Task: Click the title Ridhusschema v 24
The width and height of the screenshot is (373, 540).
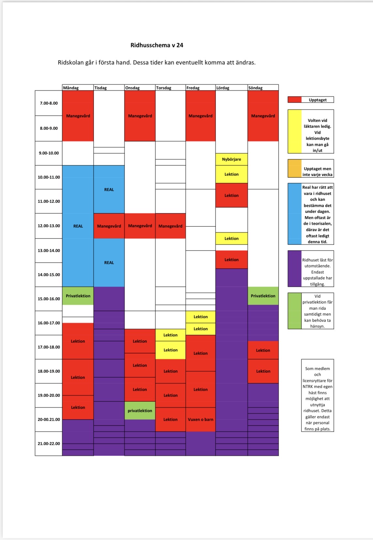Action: point(157,45)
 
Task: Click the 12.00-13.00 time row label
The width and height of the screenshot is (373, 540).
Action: point(49,226)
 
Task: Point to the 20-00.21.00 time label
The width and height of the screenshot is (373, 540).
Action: point(49,419)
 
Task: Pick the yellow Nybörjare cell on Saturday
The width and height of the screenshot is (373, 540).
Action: point(231,159)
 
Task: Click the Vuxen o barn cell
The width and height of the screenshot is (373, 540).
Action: point(201,419)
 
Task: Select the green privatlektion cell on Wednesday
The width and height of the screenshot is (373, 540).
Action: point(140,411)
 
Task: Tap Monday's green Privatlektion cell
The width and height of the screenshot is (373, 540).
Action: point(78,296)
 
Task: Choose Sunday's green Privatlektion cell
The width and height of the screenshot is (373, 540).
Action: point(263,296)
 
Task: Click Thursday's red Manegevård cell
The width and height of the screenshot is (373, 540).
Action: point(171,226)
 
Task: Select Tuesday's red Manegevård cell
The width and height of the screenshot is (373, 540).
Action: point(109,226)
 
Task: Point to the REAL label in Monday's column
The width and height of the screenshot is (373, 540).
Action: point(78,226)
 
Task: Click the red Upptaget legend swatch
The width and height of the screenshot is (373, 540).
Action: point(295,100)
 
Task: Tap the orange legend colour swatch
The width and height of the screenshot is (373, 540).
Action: point(295,168)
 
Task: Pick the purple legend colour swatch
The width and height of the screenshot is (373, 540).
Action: point(295,269)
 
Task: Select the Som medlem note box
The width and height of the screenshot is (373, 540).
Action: point(318,395)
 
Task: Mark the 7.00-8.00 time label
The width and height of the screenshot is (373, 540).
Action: point(49,103)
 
